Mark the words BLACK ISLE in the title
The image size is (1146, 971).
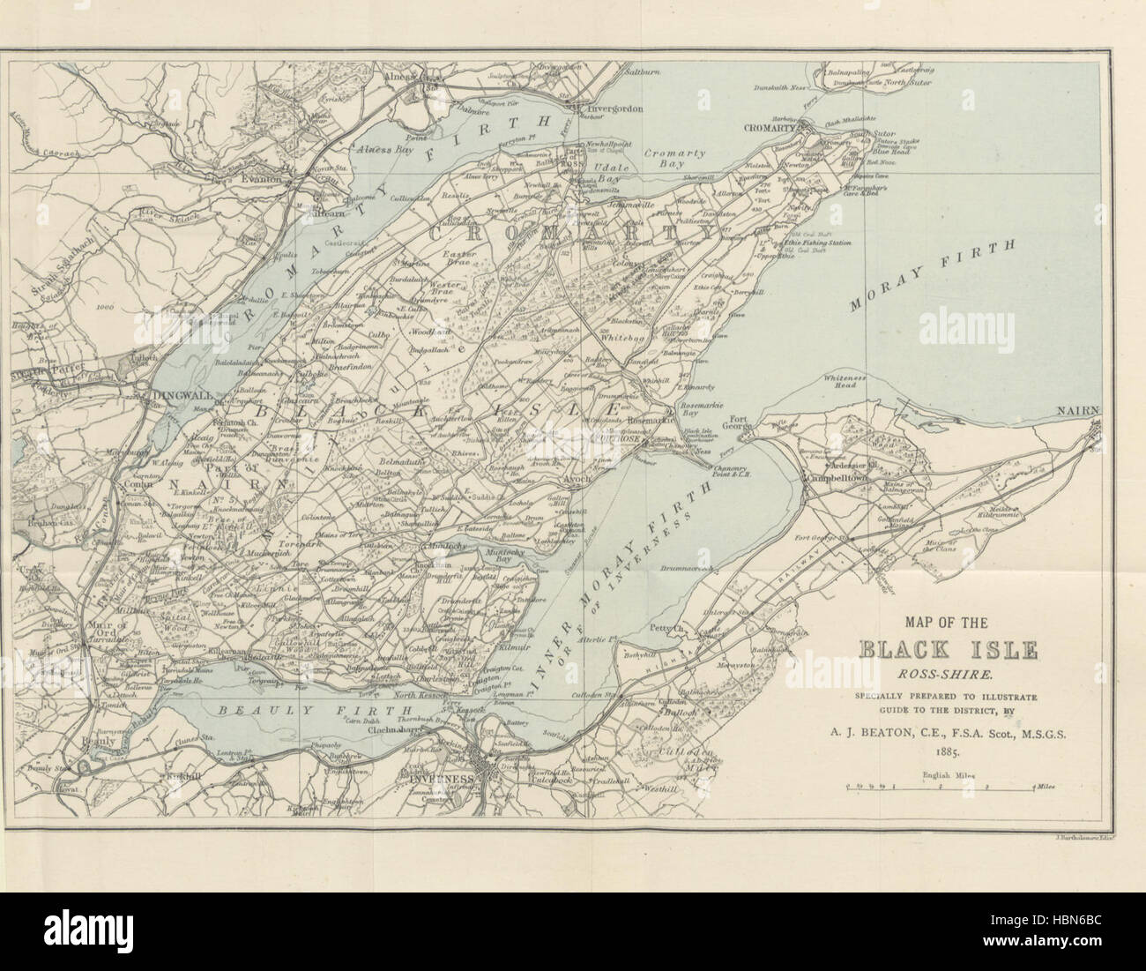pos(938,652)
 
